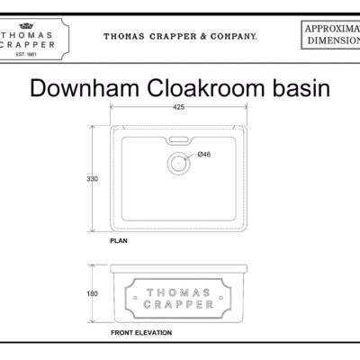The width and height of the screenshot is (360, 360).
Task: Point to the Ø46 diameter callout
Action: click(x=203, y=155)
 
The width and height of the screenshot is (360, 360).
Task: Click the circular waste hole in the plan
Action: click(x=180, y=163)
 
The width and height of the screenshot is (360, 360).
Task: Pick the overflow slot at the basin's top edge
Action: click(x=177, y=140)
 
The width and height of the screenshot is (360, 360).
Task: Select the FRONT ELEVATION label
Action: click(x=140, y=332)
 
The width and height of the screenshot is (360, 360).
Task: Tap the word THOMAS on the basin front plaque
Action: click(x=179, y=292)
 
